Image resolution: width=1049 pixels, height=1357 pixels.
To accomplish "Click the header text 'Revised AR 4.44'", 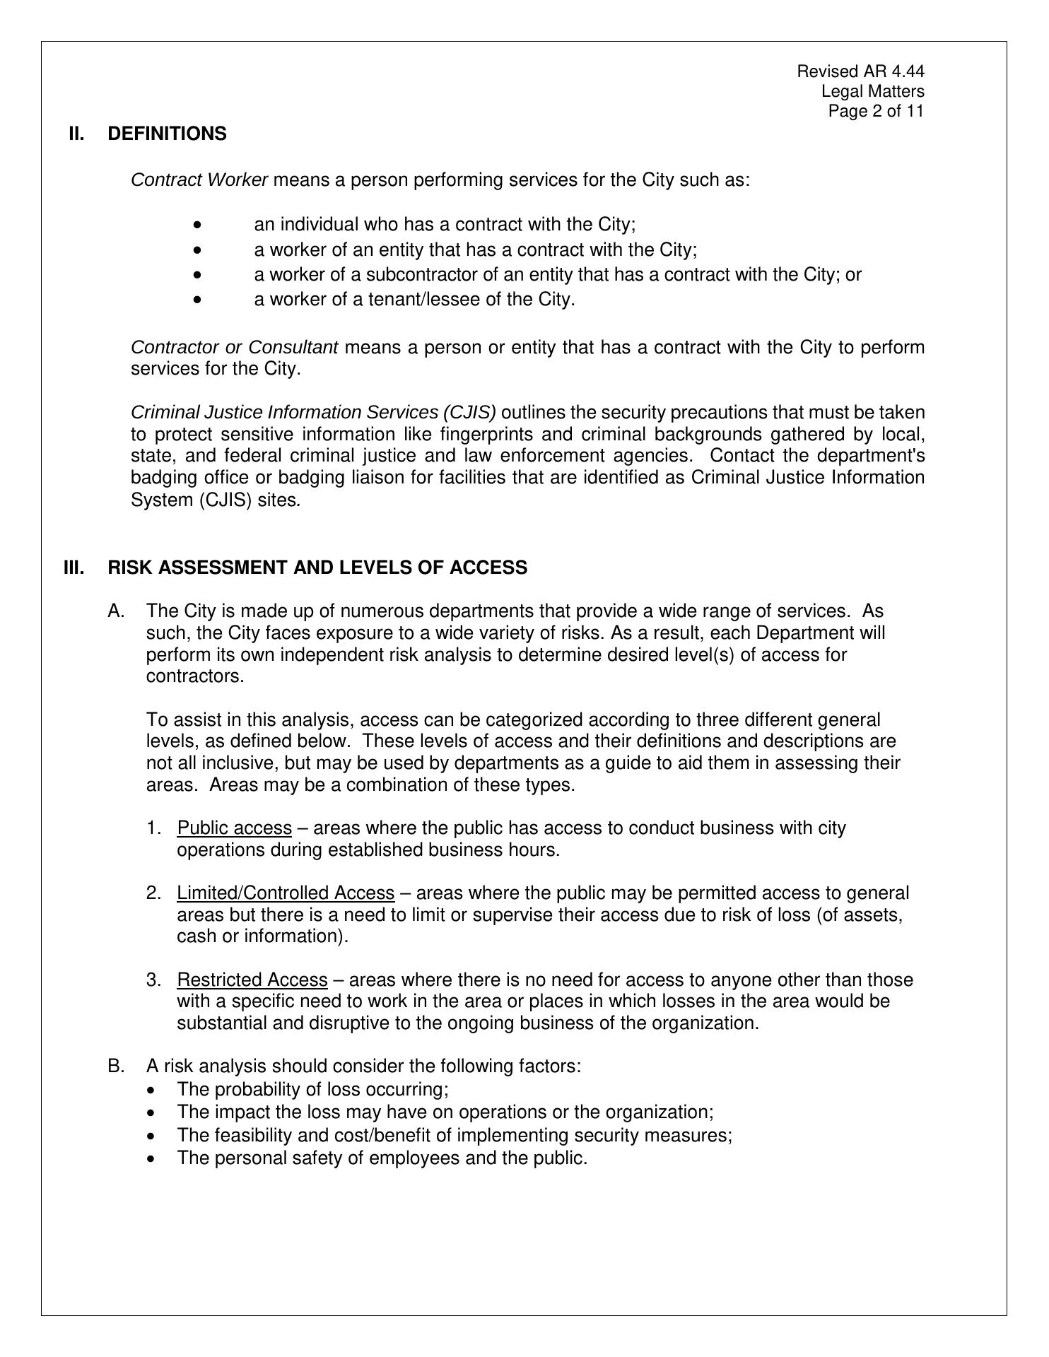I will point(860,71).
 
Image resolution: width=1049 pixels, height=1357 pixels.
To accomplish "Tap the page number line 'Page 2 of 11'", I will point(876,111).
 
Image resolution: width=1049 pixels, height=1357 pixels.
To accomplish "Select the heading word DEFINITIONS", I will point(168,134).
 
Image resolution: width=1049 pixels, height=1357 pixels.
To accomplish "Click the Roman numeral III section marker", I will point(74,568).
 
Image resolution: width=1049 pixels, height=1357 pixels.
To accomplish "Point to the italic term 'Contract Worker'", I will point(199,180).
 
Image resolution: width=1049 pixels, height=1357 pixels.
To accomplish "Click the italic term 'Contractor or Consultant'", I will point(235,348).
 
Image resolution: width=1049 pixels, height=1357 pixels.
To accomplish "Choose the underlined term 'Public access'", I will point(235,828).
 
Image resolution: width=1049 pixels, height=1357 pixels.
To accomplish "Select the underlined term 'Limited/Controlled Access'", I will point(286,893).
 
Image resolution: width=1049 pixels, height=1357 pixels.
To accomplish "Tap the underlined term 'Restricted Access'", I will point(252,980).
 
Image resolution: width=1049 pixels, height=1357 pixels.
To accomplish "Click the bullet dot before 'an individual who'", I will point(197,225).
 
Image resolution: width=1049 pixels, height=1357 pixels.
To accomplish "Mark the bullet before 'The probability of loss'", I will point(153,1090).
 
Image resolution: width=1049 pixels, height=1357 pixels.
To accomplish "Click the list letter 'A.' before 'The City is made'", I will point(117,611).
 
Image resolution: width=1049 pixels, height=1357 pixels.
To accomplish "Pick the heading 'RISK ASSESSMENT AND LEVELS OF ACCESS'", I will point(317,568).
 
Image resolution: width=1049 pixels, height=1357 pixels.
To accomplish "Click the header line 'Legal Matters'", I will point(872,91).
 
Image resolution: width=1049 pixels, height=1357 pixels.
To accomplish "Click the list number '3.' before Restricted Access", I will point(154,980).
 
